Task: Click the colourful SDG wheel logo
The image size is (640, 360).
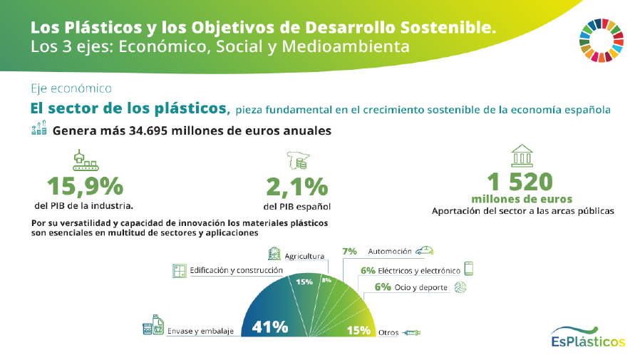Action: pos(602,40)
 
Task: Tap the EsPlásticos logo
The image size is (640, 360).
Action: pos(588,337)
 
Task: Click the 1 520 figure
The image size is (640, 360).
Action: pos(522,181)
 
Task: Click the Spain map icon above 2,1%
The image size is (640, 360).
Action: pos(296,160)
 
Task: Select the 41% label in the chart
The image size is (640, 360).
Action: pos(269,327)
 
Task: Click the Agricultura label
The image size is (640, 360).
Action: pos(304,256)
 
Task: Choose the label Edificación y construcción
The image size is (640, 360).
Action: pos(236,271)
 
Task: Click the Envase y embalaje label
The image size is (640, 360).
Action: pos(200,331)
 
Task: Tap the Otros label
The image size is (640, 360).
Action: pos(388,332)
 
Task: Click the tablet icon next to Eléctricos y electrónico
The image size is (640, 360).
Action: pos(468,269)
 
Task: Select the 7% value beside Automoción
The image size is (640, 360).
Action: pos(349,252)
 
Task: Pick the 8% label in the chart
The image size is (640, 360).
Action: pos(326,281)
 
